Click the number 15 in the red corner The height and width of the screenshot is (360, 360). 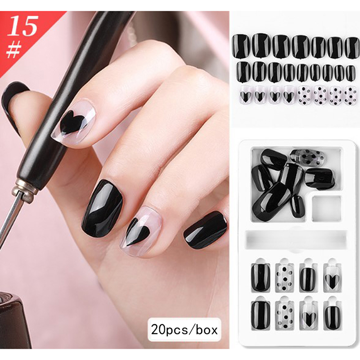tap(23, 26)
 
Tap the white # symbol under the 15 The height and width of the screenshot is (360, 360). tap(14, 50)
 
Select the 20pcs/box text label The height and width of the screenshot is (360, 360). tap(184, 330)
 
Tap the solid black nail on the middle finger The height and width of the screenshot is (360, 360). tap(103, 208)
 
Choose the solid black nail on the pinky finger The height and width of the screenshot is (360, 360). tap(205, 230)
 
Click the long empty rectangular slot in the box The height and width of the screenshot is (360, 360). tap(296, 239)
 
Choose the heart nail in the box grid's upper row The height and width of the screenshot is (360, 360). tap(332, 277)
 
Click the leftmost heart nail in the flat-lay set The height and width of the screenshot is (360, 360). tap(245, 96)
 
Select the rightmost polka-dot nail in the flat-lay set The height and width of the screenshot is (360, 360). tap(351, 96)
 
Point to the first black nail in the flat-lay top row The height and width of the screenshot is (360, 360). tap(241, 46)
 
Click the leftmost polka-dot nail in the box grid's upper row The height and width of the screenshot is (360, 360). tap(284, 277)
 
